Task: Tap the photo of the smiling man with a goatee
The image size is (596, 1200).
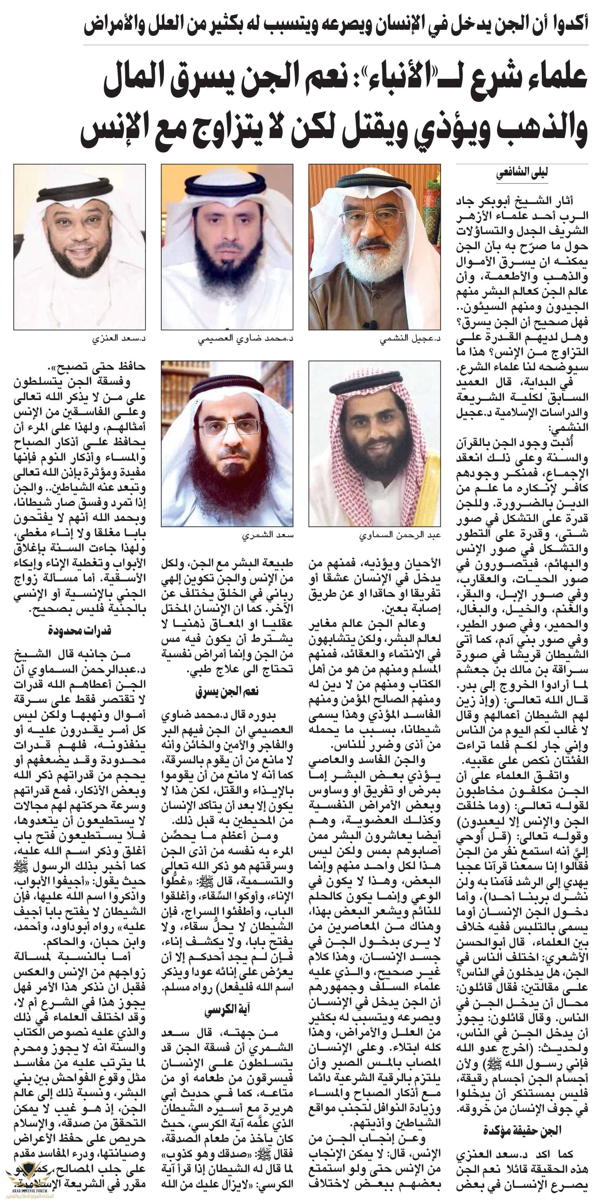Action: pyautogui.click(x=79, y=247)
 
